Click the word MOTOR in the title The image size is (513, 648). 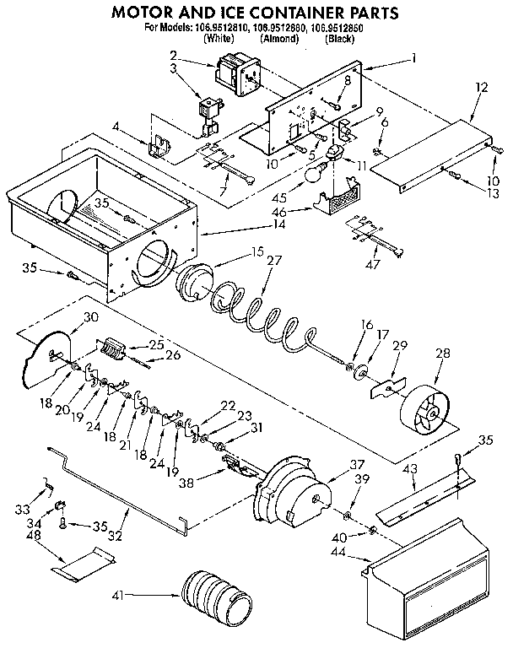[x=146, y=13]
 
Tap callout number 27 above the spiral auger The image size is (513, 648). [x=273, y=261]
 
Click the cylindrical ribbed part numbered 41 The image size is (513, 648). [x=216, y=594]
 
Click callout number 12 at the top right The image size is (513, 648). [x=482, y=86]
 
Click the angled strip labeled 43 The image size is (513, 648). [x=422, y=503]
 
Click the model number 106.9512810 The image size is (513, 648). [x=225, y=27]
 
